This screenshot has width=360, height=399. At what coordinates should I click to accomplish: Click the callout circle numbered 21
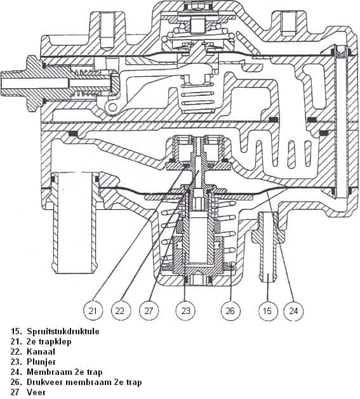93,311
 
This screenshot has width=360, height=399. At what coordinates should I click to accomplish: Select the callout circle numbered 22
121,311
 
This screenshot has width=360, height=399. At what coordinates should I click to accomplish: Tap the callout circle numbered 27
149,311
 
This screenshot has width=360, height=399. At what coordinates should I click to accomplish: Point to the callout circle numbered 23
185,311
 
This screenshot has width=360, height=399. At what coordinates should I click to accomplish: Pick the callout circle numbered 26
230,311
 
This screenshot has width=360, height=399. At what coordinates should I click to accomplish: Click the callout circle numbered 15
268,311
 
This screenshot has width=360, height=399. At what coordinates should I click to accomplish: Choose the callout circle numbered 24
293,311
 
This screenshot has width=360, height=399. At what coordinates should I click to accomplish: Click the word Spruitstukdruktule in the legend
63,332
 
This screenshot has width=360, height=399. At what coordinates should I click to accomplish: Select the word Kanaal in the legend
41,351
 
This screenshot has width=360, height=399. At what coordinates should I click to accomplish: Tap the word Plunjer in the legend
41,362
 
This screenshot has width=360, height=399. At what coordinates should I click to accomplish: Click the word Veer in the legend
36,393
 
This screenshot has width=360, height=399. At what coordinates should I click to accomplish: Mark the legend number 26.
16,383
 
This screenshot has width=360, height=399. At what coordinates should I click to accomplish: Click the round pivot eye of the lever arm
112,108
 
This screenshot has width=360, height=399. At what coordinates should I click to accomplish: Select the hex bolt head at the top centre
197,6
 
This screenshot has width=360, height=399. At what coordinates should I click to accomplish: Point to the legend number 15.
16,332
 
